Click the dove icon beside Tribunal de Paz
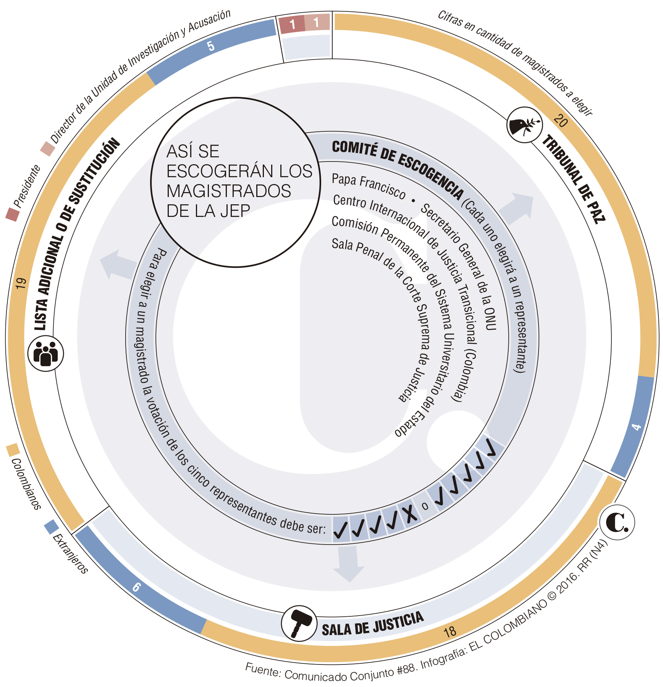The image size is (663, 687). click(x=525, y=125)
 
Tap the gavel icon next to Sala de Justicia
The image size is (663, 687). click(x=299, y=624)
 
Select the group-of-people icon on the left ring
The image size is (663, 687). click(x=46, y=353)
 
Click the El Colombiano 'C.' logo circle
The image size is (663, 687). click(x=617, y=522)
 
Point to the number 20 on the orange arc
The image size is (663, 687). click(x=560, y=121)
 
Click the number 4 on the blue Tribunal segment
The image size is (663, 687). click(x=636, y=427)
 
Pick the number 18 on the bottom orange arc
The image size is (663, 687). click(x=450, y=632)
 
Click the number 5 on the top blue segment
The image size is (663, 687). click(x=210, y=46)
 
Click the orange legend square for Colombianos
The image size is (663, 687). click(x=13, y=449)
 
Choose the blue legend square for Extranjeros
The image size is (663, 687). click(x=51, y=527)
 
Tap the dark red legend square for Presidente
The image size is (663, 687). click(x=12, y=214)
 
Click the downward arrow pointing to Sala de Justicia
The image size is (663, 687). click(x=349, y=564)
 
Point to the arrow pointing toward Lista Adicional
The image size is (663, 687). click(x=117, y=264)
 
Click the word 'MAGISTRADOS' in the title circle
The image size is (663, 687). click(x=229, y=191)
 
